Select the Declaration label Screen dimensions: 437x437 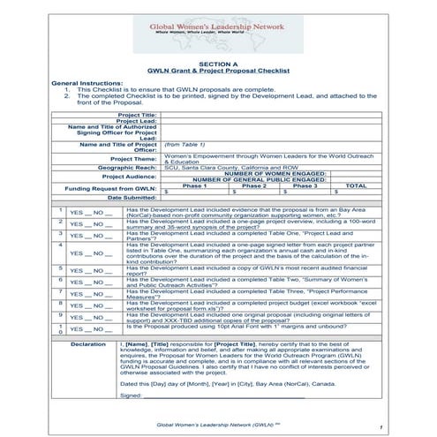tap(87, 342)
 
